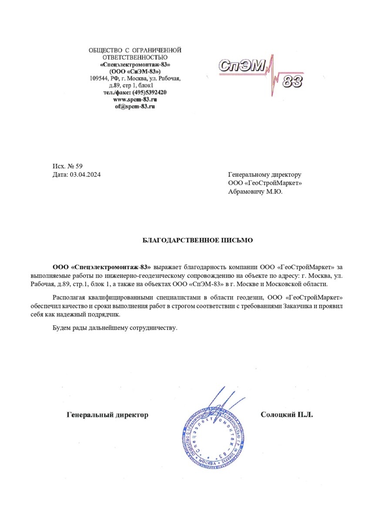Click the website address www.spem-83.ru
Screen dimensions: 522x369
tap(135, 100)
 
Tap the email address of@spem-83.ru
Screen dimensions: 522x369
tap(135, 106)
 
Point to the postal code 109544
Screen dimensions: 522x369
tap(99, 79)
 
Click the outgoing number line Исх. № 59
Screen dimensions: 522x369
tap(67, 167)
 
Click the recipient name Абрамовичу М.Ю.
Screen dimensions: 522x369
tap(255, 191)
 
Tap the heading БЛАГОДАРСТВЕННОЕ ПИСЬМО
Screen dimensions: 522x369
tap(198, 241)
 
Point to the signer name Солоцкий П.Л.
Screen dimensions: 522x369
tap(286, 415)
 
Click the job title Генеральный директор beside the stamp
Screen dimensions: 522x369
tap(107, 415)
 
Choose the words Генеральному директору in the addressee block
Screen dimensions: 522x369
tap(265, 175)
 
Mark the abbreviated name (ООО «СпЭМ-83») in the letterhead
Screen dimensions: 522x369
tap(135, 71)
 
